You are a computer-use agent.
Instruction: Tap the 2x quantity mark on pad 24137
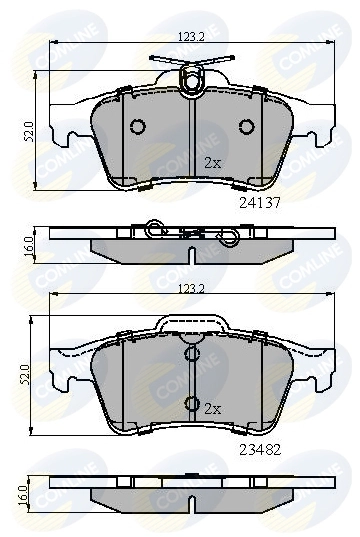point(212,162)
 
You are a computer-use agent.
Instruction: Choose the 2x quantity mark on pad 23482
point(211,409)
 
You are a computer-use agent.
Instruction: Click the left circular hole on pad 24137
point(138,126)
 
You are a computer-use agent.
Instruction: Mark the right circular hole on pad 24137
point(246,126)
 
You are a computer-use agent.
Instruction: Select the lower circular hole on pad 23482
point(191,404)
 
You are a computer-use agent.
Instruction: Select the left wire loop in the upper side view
point(153,229)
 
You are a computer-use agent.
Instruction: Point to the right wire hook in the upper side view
point(229,238)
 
